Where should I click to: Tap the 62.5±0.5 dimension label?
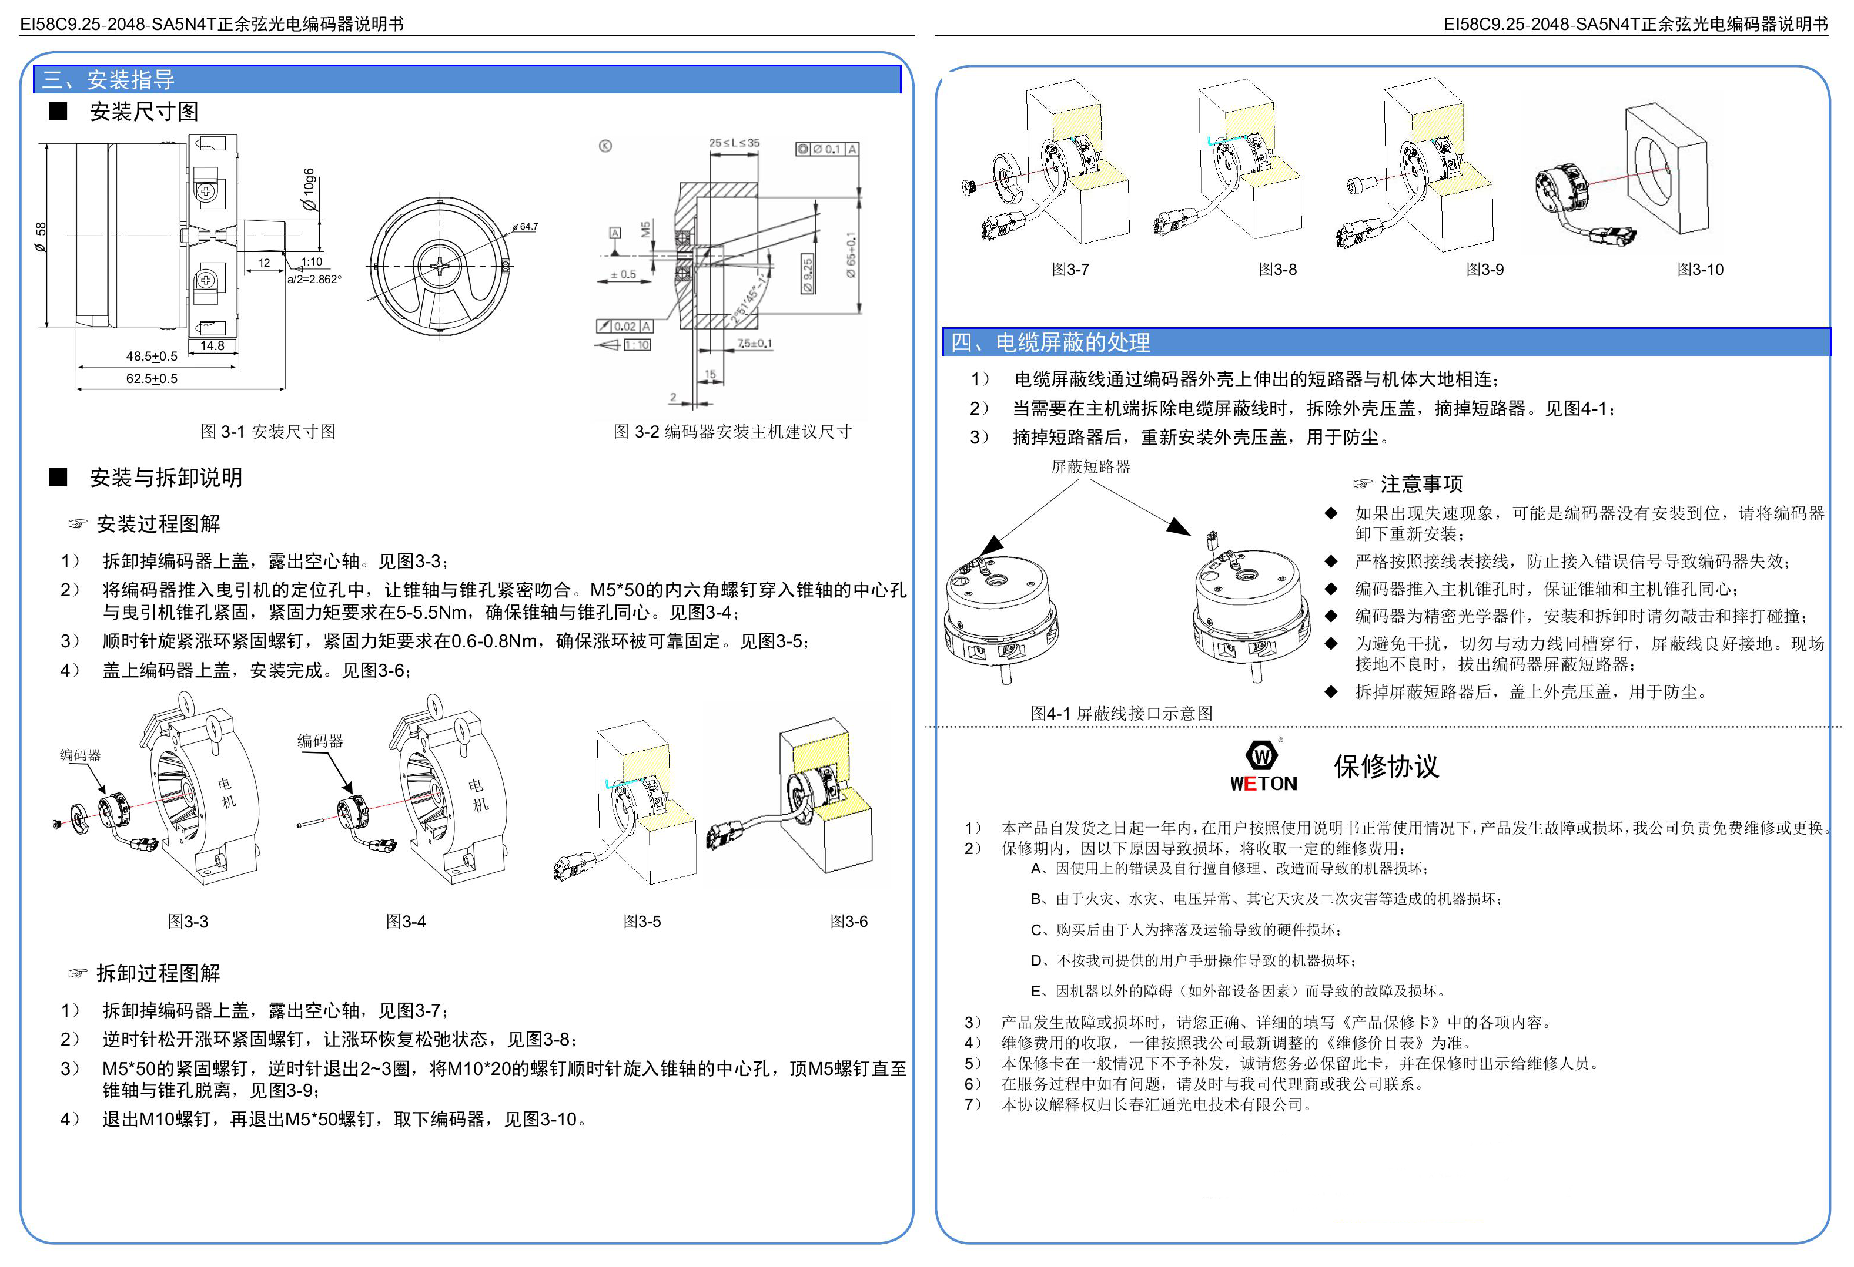[152, 379]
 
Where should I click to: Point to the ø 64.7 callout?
[525, 227]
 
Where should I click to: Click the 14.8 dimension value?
[212, 345]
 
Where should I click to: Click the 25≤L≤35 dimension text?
[734, 143]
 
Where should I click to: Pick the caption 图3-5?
[641, 922]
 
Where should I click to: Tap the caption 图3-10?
[1700, 270]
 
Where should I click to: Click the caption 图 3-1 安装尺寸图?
[268, 431]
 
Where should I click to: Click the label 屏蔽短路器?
[1090, 466]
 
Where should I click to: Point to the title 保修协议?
[1386, 767]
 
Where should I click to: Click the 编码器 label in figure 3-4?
[320, 741]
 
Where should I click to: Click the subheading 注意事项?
[1421, 484]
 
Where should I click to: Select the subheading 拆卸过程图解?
[157, 973]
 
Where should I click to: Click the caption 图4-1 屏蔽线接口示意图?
[1121, 713]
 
